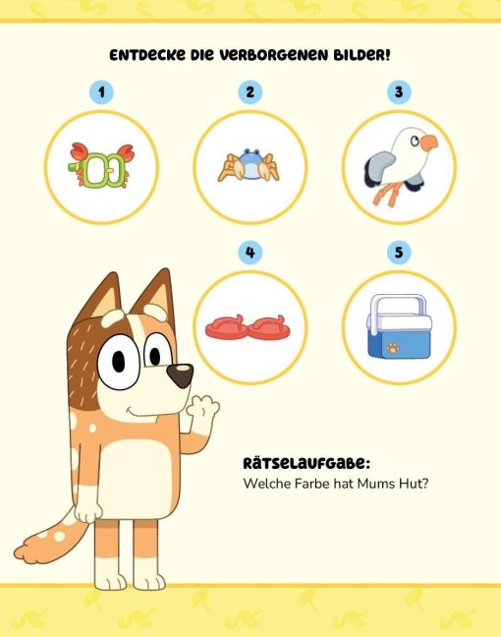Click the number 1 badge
pyautogui.click(x=101, y=92)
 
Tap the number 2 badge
pyautogui.click(x=250, y=92)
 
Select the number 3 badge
pyautogui.click(x=399, y=91)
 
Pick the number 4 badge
pyautogui.click(x=250, y=253)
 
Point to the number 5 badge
pyautogui.click(x=399, y=252)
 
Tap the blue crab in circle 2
pyautogui.click(x=249, y=165)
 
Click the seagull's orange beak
pyautogui.click(x=429, y=143)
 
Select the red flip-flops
pyautogui.click(x=249, y=326)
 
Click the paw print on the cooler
pyautogui.click(x=393, y=347)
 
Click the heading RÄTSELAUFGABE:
pyautogui.click(x=306, y=464)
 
